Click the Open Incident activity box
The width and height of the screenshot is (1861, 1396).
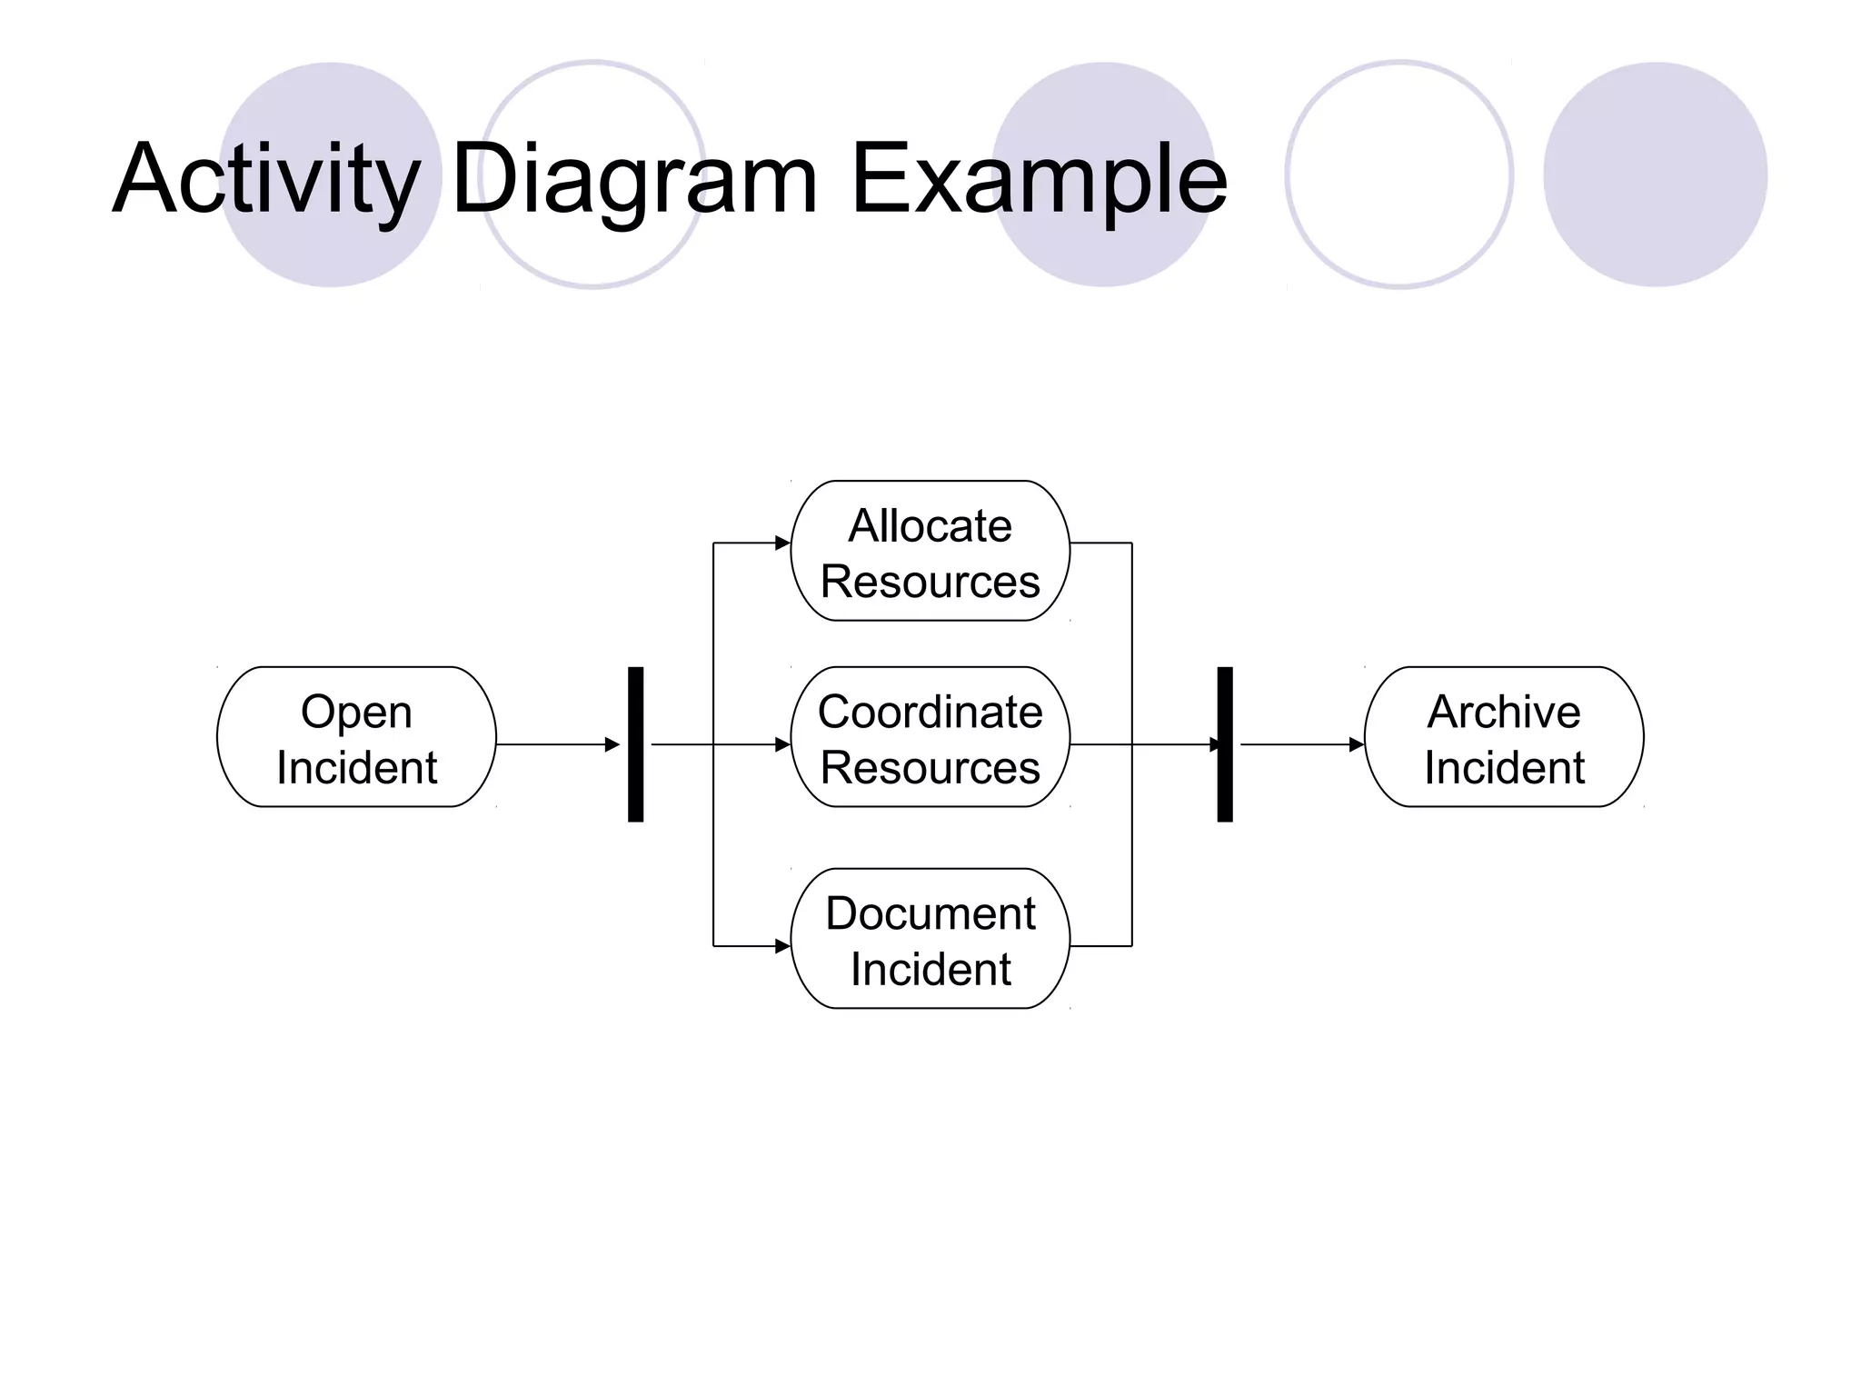pos(356,737)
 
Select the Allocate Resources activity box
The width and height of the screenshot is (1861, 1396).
pos(930,552)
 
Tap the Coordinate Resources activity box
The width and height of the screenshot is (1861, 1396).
pos(930,737)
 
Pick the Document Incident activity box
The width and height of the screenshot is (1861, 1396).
pos(930,939)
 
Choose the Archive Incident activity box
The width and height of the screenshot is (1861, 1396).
pos(1504,737)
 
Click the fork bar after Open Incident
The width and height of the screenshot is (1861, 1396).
pos(636,744)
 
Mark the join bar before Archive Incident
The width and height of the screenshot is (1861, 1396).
pos(1225,744)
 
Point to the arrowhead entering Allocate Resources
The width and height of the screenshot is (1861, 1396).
pos(782,543)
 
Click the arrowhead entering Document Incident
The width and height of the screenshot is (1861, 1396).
pos(782,946)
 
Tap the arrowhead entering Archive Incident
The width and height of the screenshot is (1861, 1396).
pos(1356,744)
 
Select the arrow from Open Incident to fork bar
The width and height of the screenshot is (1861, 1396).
pos(556,744)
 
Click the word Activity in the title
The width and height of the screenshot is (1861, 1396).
pos(266,180)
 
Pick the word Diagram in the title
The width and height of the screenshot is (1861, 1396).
pos(633,180)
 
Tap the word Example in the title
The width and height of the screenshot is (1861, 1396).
pos(1039,180)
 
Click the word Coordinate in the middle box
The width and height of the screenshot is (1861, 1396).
pos(930,712)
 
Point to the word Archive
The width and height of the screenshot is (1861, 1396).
pos(1504,712)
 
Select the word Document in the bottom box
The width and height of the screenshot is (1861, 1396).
pos(930,913)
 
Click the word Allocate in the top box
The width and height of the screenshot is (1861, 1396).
pos(930,526)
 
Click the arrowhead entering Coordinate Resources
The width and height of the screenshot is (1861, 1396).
pos(782,744)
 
